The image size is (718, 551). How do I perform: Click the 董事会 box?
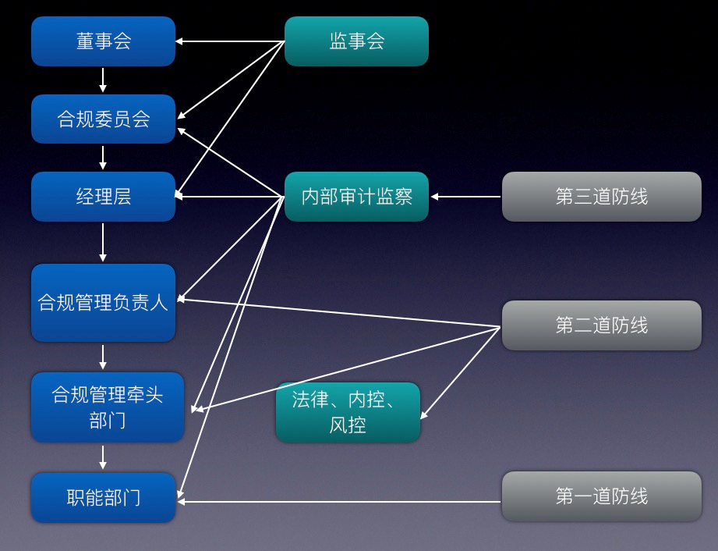click(103, 41)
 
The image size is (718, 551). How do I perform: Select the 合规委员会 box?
click(103, 119)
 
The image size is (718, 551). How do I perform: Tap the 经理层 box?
click(103, 197)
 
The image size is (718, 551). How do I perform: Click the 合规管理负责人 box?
click(103, 303)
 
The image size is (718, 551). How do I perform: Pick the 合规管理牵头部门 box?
click(107, 407)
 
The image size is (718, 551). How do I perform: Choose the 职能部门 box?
click(103, 497)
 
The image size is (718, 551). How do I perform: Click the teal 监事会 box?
click(356, 41)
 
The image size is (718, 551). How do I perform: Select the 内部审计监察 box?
click(356, 197)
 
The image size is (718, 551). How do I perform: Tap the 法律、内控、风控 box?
click(348, 412)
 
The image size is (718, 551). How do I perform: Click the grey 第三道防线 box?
click(601, 197)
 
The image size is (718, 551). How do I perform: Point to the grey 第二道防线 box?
click(601, 325)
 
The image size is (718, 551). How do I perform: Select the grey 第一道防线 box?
click(601, 496)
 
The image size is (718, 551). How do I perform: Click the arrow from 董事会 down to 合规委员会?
click(103, 80)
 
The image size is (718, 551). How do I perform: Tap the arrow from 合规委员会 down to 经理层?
click(103, 158)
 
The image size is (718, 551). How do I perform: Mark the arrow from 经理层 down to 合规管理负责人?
click(103, 243)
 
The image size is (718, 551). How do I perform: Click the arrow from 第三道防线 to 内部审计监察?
click(465, 197)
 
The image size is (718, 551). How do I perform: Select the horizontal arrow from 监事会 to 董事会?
click(229, 41)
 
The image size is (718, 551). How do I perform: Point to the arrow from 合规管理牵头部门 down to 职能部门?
click(103, 457)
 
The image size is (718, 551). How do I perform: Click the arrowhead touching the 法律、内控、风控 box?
click(425, 415)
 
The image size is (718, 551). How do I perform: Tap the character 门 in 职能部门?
click(132, 497)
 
